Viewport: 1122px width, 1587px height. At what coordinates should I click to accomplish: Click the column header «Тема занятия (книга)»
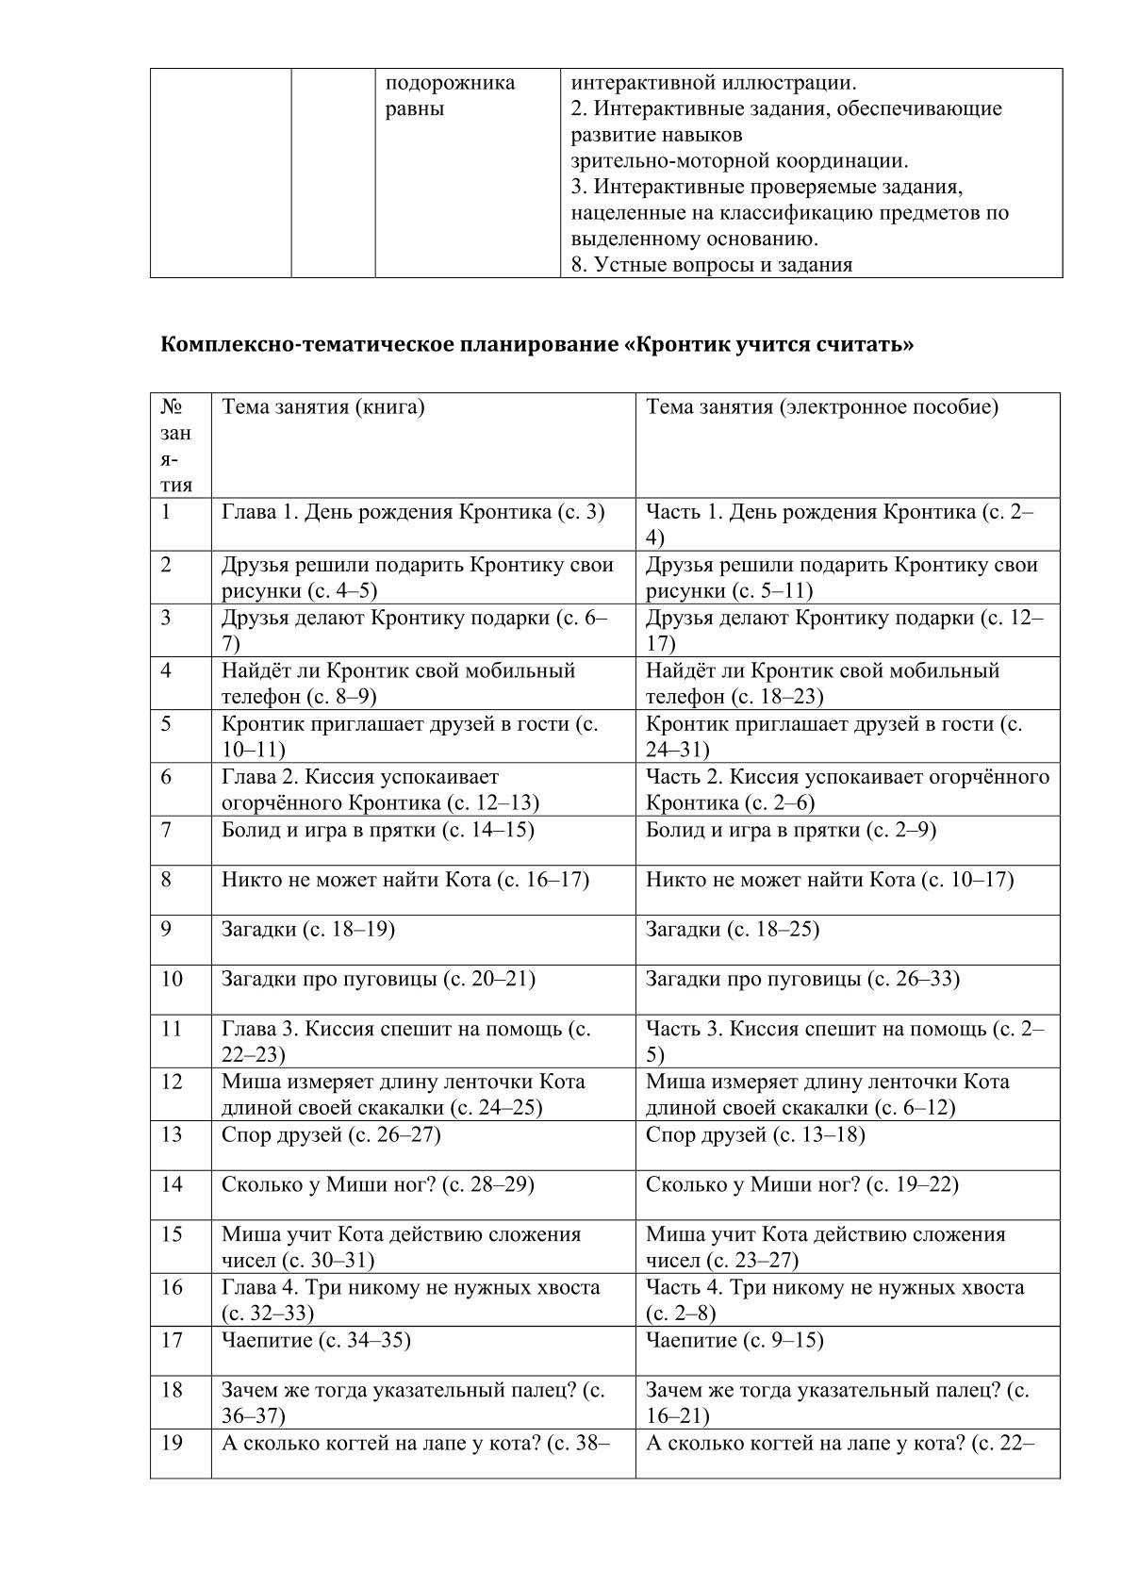(322, 407)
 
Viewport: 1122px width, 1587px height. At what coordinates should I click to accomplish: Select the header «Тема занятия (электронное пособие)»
(821, 407)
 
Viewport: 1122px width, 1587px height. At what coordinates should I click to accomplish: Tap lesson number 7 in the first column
(166, 831)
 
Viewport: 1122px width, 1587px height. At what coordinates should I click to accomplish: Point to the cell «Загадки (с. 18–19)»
(307, 930)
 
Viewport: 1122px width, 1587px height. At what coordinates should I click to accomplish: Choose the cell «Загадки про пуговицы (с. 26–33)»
(802, 979)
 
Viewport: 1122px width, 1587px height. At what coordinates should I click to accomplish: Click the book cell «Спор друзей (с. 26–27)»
(331, 1134)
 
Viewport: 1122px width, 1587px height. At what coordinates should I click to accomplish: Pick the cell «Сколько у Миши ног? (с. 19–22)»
(801, 1184)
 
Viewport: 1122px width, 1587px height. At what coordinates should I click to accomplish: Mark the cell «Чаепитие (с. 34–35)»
(316, 1340)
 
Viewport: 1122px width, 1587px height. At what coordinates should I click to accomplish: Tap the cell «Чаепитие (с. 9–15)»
(734, 1340)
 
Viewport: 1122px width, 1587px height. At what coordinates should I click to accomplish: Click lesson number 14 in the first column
(172, 1184)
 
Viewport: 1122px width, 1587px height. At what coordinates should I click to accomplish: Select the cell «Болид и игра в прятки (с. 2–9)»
(790, 831)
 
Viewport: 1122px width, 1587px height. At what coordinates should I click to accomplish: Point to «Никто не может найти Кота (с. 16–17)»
(405, 880)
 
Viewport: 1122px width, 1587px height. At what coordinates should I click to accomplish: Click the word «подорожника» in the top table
(451, 83)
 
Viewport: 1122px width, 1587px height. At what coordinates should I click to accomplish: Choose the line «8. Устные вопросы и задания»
(712, 265)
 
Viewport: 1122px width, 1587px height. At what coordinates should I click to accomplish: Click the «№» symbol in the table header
(171, 407)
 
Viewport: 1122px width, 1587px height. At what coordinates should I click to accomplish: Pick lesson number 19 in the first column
(172, 1444)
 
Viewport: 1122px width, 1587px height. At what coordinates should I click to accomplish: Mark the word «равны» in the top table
(415, 109)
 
